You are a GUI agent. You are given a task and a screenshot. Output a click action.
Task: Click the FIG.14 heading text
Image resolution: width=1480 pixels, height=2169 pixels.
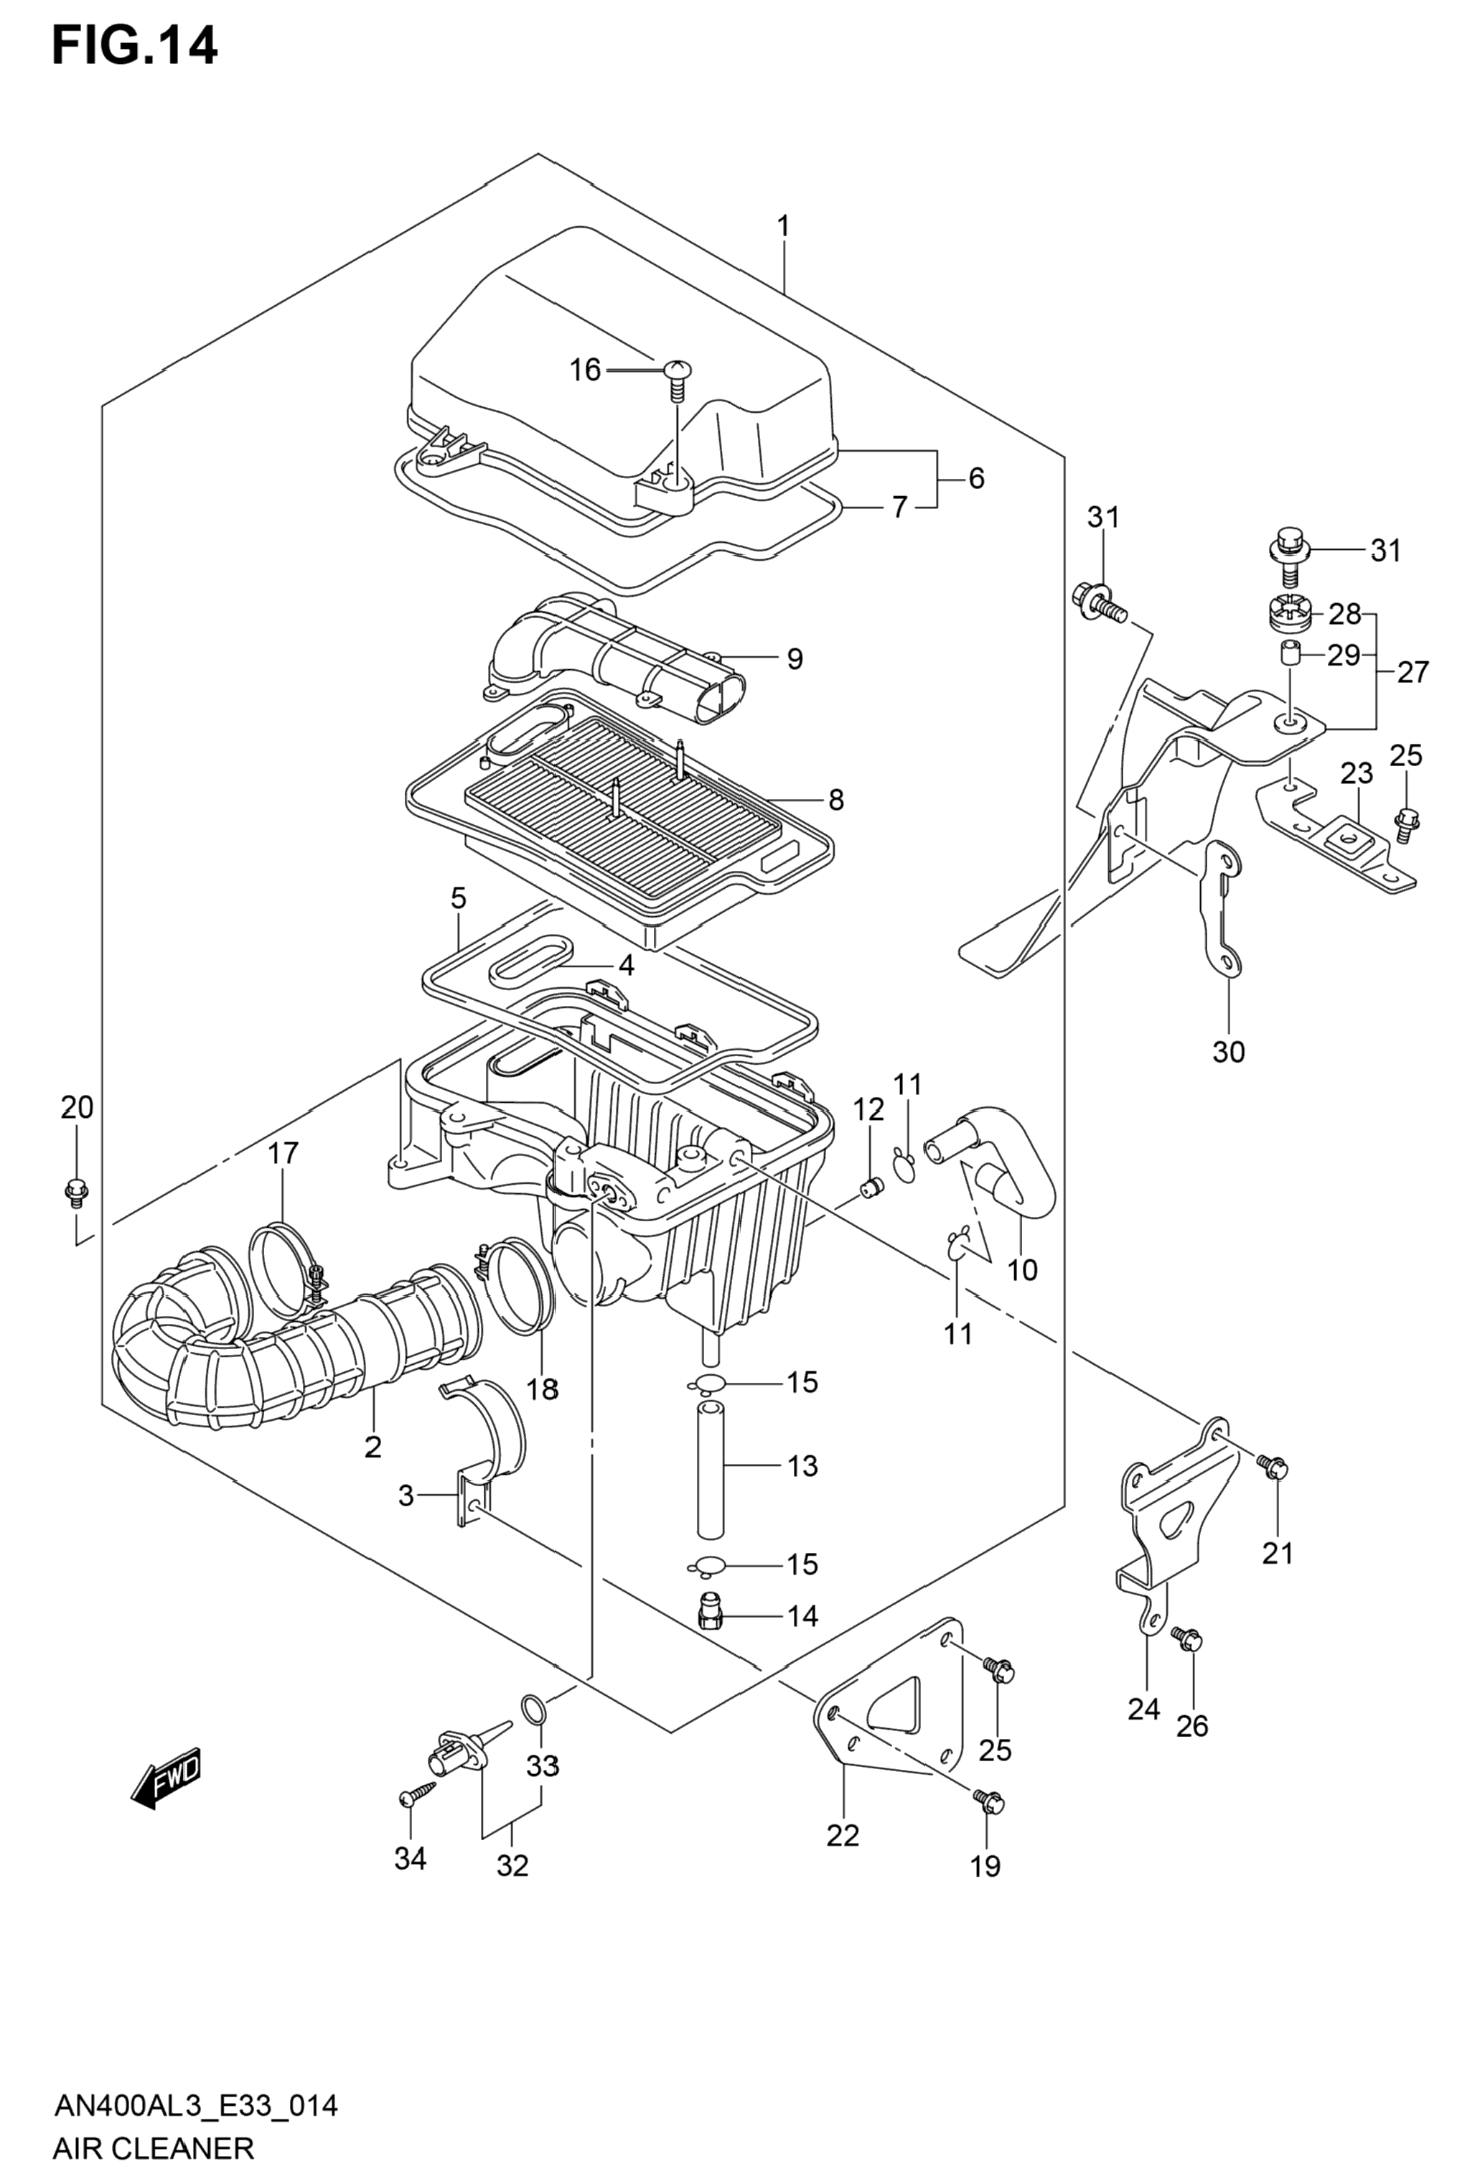[134, 46]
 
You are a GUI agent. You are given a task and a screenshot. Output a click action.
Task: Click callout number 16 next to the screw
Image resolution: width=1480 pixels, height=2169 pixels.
[585, 370]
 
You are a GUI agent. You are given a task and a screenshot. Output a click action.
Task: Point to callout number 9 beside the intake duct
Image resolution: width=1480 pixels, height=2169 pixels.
[794, 659]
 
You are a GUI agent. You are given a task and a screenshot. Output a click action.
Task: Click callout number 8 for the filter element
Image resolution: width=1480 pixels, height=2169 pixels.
[835, 799]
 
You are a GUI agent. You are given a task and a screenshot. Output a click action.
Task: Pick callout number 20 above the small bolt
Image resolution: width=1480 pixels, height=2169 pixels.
[77, 1108]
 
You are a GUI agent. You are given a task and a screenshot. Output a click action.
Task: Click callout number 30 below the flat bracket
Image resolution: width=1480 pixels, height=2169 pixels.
[1228, 1052]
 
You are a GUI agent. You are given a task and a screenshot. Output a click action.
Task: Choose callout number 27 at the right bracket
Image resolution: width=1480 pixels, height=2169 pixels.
[1413, 671]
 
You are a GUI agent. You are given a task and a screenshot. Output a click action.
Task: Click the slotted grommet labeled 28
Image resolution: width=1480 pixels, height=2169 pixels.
[1290, 613]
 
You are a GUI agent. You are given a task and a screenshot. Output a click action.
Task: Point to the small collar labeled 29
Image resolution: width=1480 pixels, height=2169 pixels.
[1290, 654]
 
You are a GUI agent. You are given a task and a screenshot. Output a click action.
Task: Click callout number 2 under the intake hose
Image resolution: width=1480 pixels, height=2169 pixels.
[373, 1447]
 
